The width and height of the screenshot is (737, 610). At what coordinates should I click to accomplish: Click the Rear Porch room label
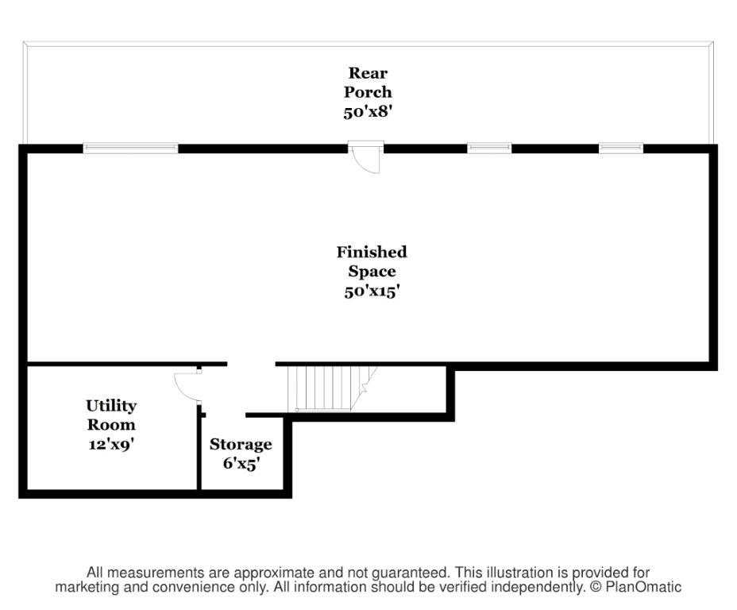tap(368, 83)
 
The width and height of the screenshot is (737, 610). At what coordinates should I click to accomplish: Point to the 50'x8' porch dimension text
tap(368, 111)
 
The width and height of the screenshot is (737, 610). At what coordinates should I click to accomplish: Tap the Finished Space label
tap(372, 261)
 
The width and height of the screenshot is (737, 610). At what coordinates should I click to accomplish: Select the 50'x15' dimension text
tap(372, 291)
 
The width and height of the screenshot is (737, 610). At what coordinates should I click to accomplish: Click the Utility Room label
tap(111, 415)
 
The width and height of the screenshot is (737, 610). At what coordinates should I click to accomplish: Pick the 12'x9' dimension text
tap(111, 444)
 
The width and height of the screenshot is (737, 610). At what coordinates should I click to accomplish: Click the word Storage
tap(241, 444)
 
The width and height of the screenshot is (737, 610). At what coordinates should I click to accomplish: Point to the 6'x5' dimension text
tap(241, 463)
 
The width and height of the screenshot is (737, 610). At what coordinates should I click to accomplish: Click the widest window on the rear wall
tap(131, 147)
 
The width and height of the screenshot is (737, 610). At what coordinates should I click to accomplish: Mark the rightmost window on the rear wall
tap(620, 147)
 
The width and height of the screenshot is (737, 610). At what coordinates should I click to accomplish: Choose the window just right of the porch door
tap(489, 147)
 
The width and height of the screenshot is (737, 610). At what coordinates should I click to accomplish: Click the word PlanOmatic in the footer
tap(645, 588)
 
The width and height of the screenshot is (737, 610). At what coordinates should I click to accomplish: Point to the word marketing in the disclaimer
tap(87, 588)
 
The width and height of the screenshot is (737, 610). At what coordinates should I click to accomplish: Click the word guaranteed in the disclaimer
tap(410, 573)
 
